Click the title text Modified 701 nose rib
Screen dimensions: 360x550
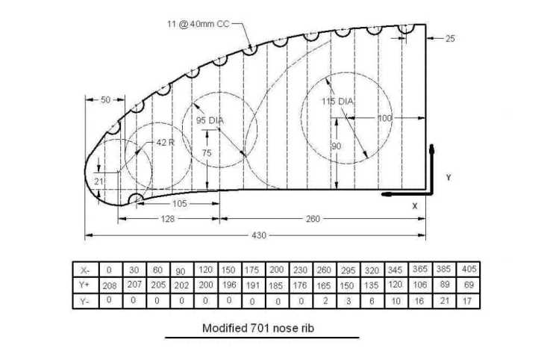click(x=260, y=327)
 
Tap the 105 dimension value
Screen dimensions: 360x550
click(x=179, y=203)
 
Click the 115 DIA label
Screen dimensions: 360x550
click(x=337, y=101)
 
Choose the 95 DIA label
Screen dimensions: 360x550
click(x=210, y=120)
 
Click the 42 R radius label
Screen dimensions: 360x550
click(x=164, y=141)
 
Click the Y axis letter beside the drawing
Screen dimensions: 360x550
click(x=448, y=178)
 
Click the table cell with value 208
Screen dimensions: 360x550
click(x=109, y=286)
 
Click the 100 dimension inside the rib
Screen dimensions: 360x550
click(x=384, y=117)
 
